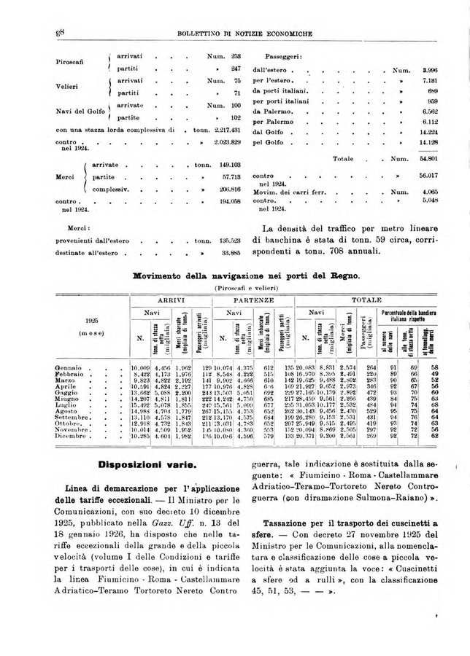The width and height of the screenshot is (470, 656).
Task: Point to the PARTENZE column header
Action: [x=253, y=299]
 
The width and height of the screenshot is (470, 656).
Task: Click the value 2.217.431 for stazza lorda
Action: [x=227, y=130]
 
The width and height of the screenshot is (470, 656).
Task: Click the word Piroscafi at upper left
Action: [x=72, y=61]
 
